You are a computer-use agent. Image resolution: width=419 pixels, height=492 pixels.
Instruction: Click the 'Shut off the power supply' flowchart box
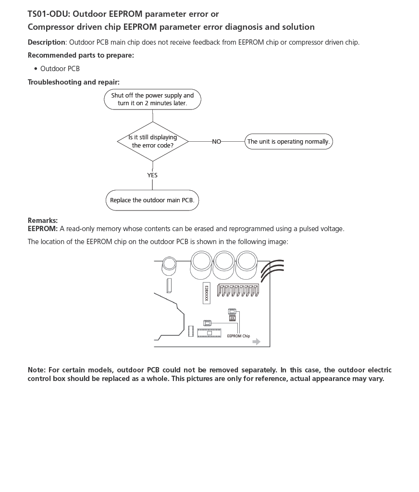[152, 99]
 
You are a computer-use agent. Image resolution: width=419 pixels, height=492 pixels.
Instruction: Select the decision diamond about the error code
[152, 141]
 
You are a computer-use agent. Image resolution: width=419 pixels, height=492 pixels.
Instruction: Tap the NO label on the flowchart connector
[217, 142]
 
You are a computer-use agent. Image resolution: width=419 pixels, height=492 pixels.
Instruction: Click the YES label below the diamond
[152, 175]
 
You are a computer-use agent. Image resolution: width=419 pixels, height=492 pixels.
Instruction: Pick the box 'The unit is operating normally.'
[288, 142]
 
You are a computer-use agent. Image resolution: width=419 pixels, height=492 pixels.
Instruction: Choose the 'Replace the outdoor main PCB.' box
[152, 200]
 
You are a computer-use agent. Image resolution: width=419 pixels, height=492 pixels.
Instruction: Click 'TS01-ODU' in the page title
[48, 14]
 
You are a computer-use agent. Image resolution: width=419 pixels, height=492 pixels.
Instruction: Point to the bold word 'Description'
[46, 42]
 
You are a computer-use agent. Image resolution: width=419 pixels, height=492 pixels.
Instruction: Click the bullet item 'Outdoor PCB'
[60, 69]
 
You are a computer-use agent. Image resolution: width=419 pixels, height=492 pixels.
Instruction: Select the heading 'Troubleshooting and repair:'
[74, 82]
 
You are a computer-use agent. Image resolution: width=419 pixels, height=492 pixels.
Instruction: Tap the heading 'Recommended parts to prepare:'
[81, 55]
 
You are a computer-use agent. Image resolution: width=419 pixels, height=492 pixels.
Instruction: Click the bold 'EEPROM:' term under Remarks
[42, 229]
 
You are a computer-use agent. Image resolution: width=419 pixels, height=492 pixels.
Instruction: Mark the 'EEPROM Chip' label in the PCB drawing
[238, 336]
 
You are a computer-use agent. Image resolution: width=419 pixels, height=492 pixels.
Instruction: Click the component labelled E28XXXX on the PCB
[206, 293]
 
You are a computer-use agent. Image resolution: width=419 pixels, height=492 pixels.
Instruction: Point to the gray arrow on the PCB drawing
[257, 342]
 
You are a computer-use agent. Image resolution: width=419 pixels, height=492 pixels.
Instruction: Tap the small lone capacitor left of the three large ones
[169, 263]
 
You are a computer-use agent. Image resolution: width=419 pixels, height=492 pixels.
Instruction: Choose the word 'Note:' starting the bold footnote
[37, 370]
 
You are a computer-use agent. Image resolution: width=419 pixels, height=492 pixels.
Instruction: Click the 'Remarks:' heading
[42, 221]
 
